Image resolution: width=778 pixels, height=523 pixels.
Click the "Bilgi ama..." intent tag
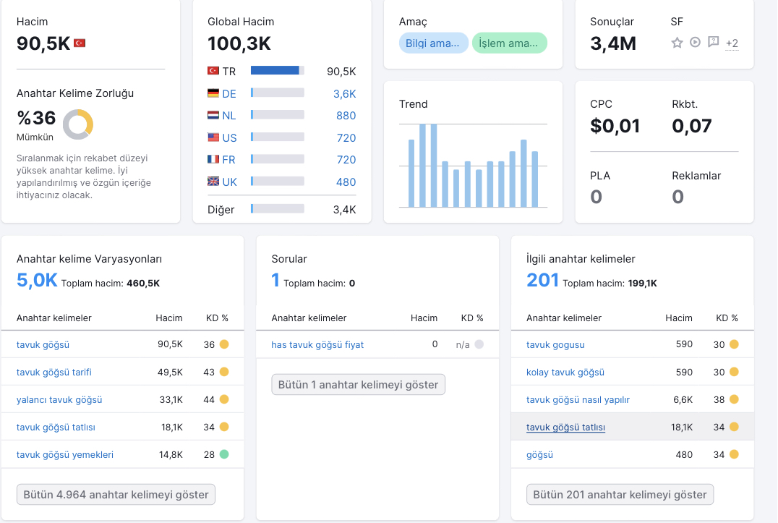[x=433, y=43]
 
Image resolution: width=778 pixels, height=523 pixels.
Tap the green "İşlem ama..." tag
[x=509, y=43]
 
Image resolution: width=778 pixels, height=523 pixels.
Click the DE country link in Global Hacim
[x=228, y=94]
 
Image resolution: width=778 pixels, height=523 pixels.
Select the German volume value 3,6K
[x=344, y=94]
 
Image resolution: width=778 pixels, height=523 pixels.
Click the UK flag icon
[x=213, y=182]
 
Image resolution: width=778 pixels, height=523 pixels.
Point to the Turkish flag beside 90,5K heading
[x=80, y=43]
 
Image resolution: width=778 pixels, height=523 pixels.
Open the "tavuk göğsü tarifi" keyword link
[x=54, y=372]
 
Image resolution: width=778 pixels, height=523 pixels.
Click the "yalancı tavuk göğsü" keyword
[x=59, y=399]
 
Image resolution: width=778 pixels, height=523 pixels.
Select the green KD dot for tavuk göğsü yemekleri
[x=224, y=454]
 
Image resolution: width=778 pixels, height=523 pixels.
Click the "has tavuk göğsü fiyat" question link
[x=317, y=345]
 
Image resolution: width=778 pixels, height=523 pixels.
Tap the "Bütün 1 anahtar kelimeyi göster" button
[x=358, y=385]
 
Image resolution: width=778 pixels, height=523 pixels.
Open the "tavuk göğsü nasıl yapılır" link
[x=578, y=399]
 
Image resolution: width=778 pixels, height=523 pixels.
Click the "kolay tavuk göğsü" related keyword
[x=565, y=372]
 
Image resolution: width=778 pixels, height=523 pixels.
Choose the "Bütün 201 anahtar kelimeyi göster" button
[x=620, y=495]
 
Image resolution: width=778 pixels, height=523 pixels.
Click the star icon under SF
[x=677, y=43]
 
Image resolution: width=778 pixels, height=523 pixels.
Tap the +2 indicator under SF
[x=732, y=43]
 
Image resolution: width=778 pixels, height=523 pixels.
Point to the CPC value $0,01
[x=615, y=126]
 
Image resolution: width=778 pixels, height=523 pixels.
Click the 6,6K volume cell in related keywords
[x=683, y=399]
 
